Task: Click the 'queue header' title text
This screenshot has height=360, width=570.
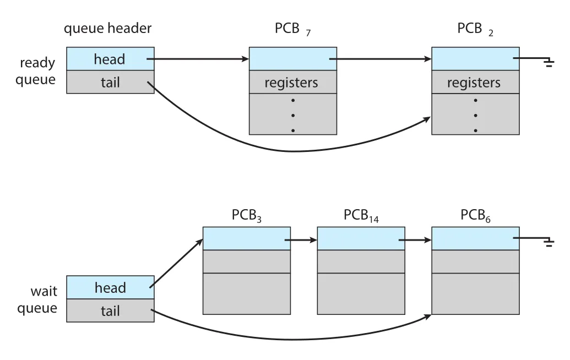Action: point(107,29)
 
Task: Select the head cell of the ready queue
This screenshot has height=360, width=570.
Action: point(110,58)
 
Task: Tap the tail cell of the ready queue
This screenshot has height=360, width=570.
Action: point(110,81)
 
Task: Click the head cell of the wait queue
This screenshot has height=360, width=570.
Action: point(110,287)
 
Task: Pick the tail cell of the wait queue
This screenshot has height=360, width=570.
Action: point(110,310)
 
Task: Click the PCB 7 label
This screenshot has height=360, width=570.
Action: point(292,29)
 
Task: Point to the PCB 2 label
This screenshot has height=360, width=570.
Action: point(475,29)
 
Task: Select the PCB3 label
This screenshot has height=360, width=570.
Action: point(247,215)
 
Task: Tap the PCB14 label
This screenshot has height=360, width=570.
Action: point(361,215)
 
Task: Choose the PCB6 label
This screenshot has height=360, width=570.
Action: point(475,215)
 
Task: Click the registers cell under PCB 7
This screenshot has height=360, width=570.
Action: point(292,82)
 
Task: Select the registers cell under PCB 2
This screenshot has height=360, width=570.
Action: point(475,82)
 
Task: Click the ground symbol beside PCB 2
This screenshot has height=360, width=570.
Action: point(549,63)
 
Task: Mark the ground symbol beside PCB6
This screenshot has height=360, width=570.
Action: point(549,242)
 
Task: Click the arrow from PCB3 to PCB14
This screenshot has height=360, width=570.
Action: point(301,240)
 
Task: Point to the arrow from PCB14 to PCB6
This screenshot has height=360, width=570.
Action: point(415,240)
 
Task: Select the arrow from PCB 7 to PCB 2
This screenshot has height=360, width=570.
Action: point(380,59)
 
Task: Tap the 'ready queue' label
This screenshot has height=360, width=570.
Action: point(36,71)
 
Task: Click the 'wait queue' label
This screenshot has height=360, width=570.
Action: point(37,299)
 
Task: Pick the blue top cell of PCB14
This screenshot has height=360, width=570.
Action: point(361,238)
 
